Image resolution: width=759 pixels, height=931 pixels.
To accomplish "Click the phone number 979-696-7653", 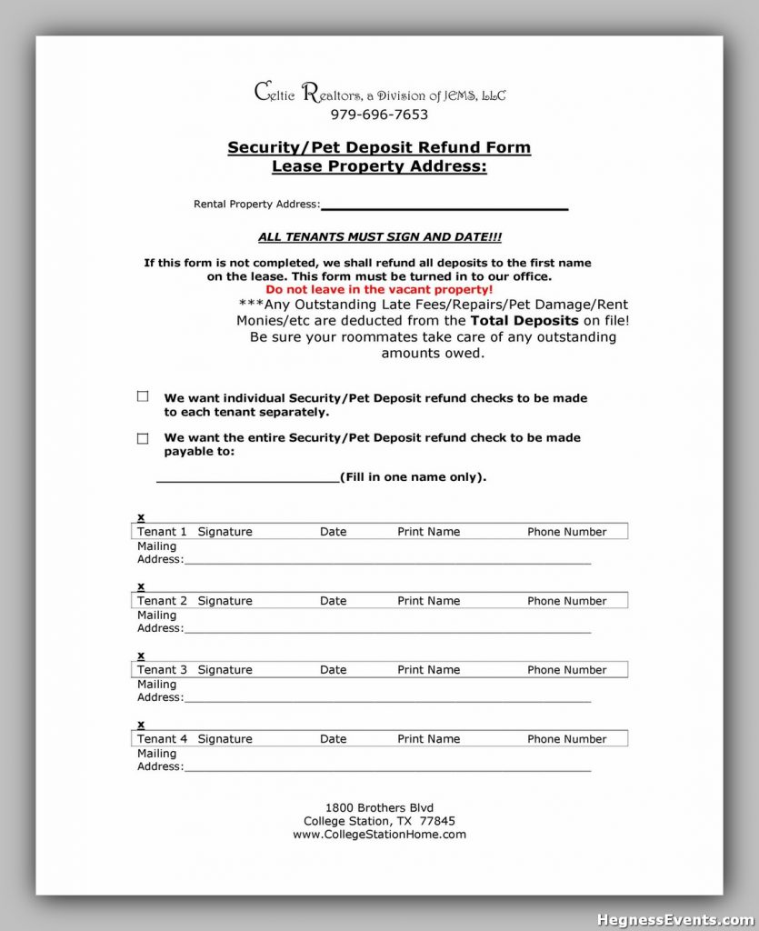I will click(379, 115).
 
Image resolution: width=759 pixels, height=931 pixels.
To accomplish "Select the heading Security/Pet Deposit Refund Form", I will click(379, 147).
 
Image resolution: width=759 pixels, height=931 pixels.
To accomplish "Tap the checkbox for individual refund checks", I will click(143, 396).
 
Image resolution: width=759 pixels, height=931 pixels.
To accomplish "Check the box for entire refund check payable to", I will click(143, 438).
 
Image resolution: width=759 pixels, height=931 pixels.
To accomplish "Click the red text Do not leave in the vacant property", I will click(379, 288).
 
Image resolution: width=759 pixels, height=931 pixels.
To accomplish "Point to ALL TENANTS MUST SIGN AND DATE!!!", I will click(379, 236).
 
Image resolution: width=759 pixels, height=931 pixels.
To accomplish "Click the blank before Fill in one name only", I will click(247, 478).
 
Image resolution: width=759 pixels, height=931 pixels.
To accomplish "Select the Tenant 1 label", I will click(162, 532).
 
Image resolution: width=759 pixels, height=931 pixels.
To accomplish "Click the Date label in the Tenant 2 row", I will click(333, 601).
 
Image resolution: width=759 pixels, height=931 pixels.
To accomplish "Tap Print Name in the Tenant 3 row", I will click(428, 670).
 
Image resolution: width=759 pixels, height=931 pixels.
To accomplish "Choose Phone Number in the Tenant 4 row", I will click(566, 739).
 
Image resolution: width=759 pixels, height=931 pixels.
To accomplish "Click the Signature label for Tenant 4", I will click(225, 739).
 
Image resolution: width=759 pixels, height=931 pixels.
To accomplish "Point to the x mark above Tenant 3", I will click(141, 655).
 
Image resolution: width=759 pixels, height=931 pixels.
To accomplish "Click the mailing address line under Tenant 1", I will click(386, 561).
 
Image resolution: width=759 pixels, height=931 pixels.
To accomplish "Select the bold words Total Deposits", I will click(524, 321).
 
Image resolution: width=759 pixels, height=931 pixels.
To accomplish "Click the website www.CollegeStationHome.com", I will click(379, 834).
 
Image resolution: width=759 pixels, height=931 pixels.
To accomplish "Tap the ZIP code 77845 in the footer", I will click(438, 820).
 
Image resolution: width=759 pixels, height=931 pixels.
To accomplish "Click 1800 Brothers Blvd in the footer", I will click(379, 807).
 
